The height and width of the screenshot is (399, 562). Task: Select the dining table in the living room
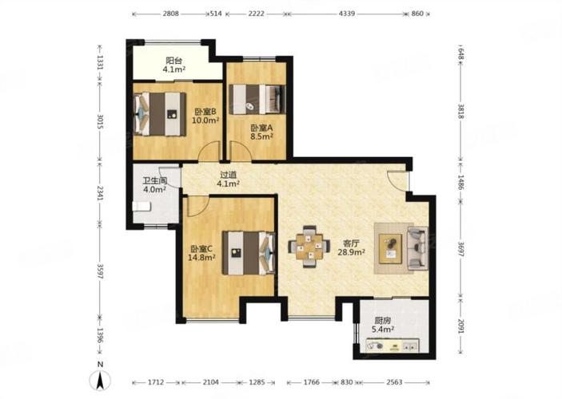[309, 247]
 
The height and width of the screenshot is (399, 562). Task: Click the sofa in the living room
[417, 248]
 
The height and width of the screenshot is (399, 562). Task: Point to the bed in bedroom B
[160, 114]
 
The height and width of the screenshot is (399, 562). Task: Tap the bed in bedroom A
[257, 99]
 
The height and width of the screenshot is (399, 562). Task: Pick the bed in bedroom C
[249, 253]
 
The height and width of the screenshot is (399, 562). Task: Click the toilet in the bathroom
[141, 207]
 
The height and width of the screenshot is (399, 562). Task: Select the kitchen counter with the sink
[393, 346]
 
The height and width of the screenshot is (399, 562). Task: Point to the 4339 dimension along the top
[347, 14]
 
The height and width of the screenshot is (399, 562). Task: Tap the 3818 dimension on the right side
[461, 111]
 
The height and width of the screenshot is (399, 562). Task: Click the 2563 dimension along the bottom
[394, 382]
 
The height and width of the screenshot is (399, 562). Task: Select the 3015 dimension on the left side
[101, 122]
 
